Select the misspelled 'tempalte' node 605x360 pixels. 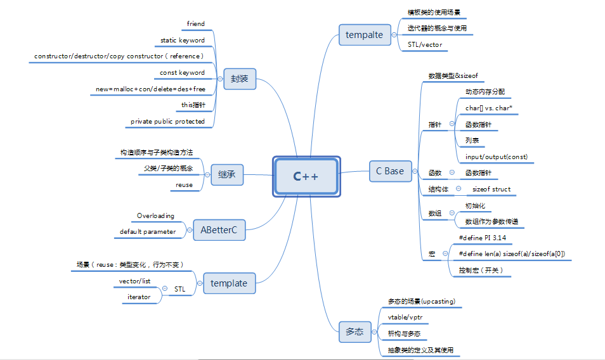click(x=365, y=35)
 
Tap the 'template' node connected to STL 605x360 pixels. click(x=229, y=283)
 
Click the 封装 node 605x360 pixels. click(x=239, y=80)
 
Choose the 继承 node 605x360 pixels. click(x=227, y=175)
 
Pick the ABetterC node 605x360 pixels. click(x=219, y=229)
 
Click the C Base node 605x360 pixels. click(x=389, y=171)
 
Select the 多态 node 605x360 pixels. click(x=355, y=331)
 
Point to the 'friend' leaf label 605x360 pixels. click(x=196, y=24)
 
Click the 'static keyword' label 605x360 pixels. click(x=183, y=41)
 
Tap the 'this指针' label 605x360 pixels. click(x=193, y=105)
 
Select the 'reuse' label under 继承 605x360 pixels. click(x=184, y=185)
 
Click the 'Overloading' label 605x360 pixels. click(x=155, y=216)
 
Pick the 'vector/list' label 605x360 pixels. click(x=134, y=281)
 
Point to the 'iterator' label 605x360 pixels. click(x=139, y=297)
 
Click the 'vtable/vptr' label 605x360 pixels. click(x=406, y=316)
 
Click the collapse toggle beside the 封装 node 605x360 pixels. click(x=219, y=80)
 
